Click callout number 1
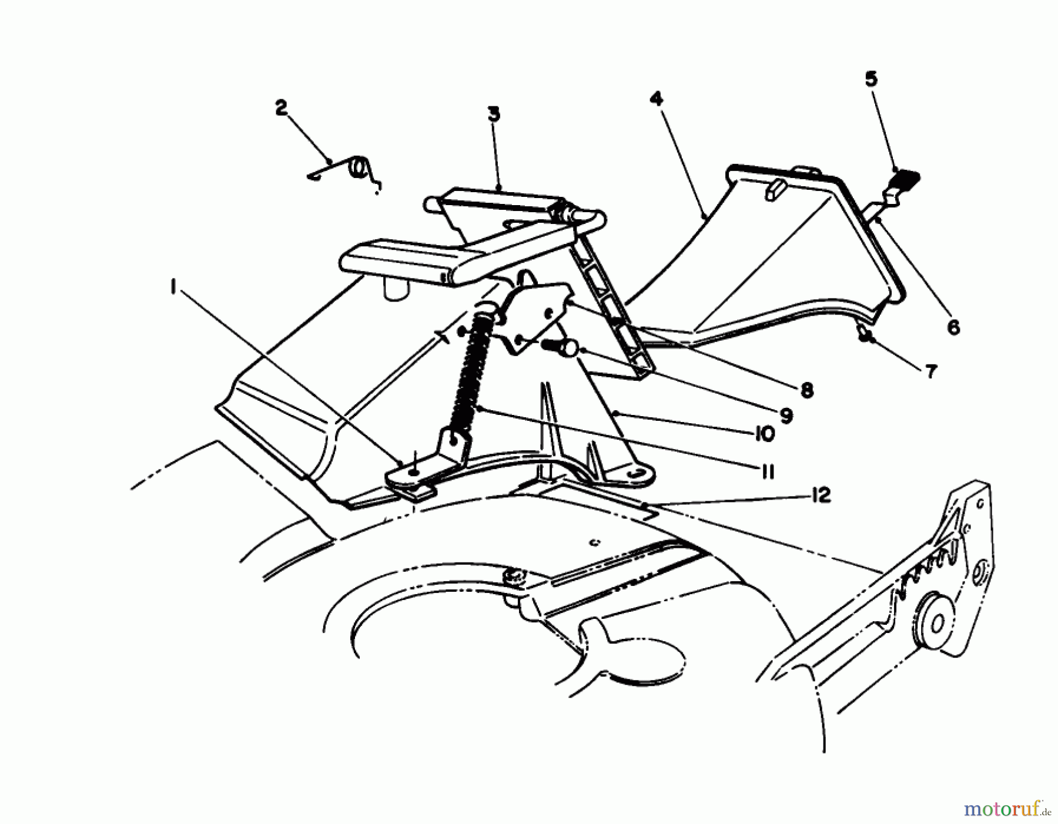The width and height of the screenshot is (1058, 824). pyautogui.click(x=172, y=287)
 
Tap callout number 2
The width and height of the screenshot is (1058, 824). pyautogui.click(x=281, y=108)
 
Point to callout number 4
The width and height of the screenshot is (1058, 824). pyautogui.click(x=657, y=99)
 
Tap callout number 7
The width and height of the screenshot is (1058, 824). pyautogui.click(x=930, y=371)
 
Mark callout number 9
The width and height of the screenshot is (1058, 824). pyautogui.click(x=786, y=416)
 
